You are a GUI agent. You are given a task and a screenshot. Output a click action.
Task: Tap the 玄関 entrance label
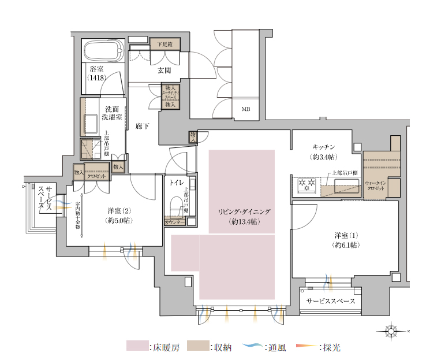(x=164, y=71)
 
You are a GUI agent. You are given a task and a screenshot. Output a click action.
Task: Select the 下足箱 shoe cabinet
(x=165, y=43)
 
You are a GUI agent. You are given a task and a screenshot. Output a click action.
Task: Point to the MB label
(x=245, y=109)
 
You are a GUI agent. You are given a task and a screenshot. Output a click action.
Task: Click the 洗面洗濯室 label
(x=111, y=113)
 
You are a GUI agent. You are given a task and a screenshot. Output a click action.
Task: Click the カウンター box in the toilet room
(x=175, y=222)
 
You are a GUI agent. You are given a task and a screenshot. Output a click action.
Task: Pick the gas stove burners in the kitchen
(x=305, y=185)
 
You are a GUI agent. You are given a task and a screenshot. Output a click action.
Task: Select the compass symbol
(x=391, y=331)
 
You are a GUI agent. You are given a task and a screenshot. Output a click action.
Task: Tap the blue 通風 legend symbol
(x=252, y=347)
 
